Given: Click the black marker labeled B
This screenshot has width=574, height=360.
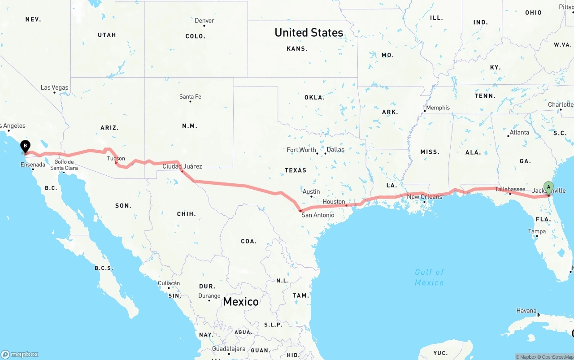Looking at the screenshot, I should (x=26, y=146).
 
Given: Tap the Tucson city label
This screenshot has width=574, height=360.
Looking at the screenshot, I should (x=116, y=158).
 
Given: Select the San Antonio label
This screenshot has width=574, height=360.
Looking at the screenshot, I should (x=317, y=215).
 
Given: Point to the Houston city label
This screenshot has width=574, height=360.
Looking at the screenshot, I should (x=334, y=202).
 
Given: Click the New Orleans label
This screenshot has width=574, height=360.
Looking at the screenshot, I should (x=424, y=197).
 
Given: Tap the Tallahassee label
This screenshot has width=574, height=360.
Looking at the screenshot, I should (x=510, y=189).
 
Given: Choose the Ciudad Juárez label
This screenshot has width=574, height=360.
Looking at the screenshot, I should (x=182, y=166).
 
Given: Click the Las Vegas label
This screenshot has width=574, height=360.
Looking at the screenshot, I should (x=54, y=87).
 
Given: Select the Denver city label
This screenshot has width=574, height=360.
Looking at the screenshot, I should (x=204, y=21).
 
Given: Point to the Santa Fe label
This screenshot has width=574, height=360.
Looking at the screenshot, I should (x=190, y=96).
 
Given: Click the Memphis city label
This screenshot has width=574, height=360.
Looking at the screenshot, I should (x=438, y=108).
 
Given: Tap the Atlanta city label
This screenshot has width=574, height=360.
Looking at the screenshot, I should (x=519, y=132).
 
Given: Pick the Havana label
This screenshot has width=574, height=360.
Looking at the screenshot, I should (x=526, y=310).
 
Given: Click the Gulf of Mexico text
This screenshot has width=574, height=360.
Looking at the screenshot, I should (x=429, y=277).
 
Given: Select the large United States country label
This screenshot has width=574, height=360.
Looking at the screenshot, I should (x=309, y=32).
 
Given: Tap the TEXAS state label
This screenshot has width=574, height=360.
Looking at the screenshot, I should (x=296, y=170).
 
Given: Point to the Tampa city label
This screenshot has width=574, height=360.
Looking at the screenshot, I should (x=537, y=231).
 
